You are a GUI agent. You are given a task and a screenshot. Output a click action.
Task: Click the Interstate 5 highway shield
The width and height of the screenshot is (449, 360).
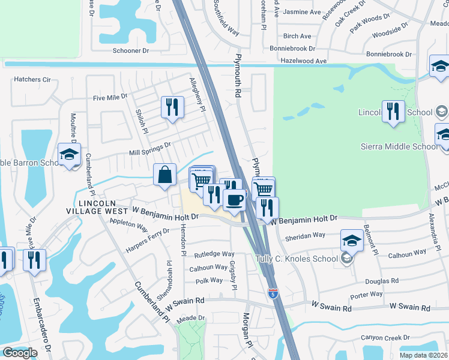(273, 293)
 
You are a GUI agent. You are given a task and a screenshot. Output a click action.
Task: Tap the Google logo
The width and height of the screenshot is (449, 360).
(20, 353)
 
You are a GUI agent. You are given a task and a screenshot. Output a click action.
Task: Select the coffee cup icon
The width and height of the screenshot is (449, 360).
(234, 199)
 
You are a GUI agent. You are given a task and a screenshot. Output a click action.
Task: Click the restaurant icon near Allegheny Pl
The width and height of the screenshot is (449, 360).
(172, 107)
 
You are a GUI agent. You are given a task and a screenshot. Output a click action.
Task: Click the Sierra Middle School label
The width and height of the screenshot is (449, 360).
(399, 146)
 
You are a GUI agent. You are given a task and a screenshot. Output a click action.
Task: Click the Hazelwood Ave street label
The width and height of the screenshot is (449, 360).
(304, 61)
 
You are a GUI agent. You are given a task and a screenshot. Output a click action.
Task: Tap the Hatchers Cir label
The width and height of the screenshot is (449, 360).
(32, 79)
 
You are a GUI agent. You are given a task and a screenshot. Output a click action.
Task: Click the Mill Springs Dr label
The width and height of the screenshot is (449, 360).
(150, 145)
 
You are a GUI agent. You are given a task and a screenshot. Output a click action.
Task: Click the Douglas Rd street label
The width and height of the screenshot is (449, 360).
(382, 280)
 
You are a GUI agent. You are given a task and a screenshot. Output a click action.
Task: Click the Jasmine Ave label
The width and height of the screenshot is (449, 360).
(302, 12)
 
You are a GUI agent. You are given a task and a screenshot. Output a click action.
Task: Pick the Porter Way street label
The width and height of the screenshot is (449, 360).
(366, 294)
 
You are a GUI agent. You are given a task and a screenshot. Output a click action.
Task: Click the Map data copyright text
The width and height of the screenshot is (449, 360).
(423, 355)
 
